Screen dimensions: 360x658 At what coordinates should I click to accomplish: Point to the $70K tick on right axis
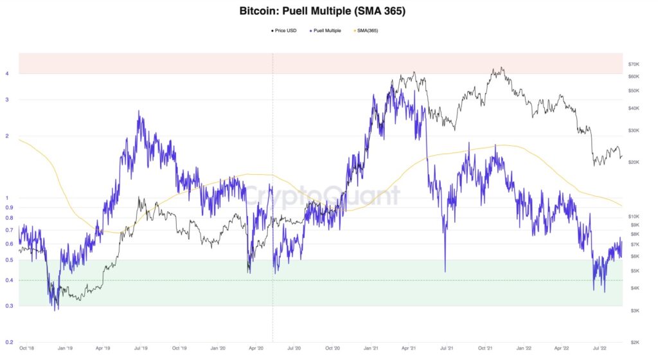point(636,64)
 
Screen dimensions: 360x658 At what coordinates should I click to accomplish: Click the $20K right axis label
point(636,162)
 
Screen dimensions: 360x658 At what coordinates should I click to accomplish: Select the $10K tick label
point(636,216)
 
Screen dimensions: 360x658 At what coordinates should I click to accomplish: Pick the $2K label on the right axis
point(636,341)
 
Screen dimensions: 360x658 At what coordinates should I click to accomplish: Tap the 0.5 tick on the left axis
point(9,260)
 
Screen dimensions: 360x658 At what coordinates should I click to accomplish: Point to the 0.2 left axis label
point(9,341)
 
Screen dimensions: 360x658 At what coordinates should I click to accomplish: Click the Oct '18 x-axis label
point(28,348)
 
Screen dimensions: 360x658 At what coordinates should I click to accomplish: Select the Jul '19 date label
point(141,348)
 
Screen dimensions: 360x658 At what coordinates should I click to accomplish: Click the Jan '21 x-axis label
point(371,348)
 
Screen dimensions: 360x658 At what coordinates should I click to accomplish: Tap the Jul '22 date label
point(599,348)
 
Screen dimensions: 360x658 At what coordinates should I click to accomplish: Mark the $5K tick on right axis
point(636,271)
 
